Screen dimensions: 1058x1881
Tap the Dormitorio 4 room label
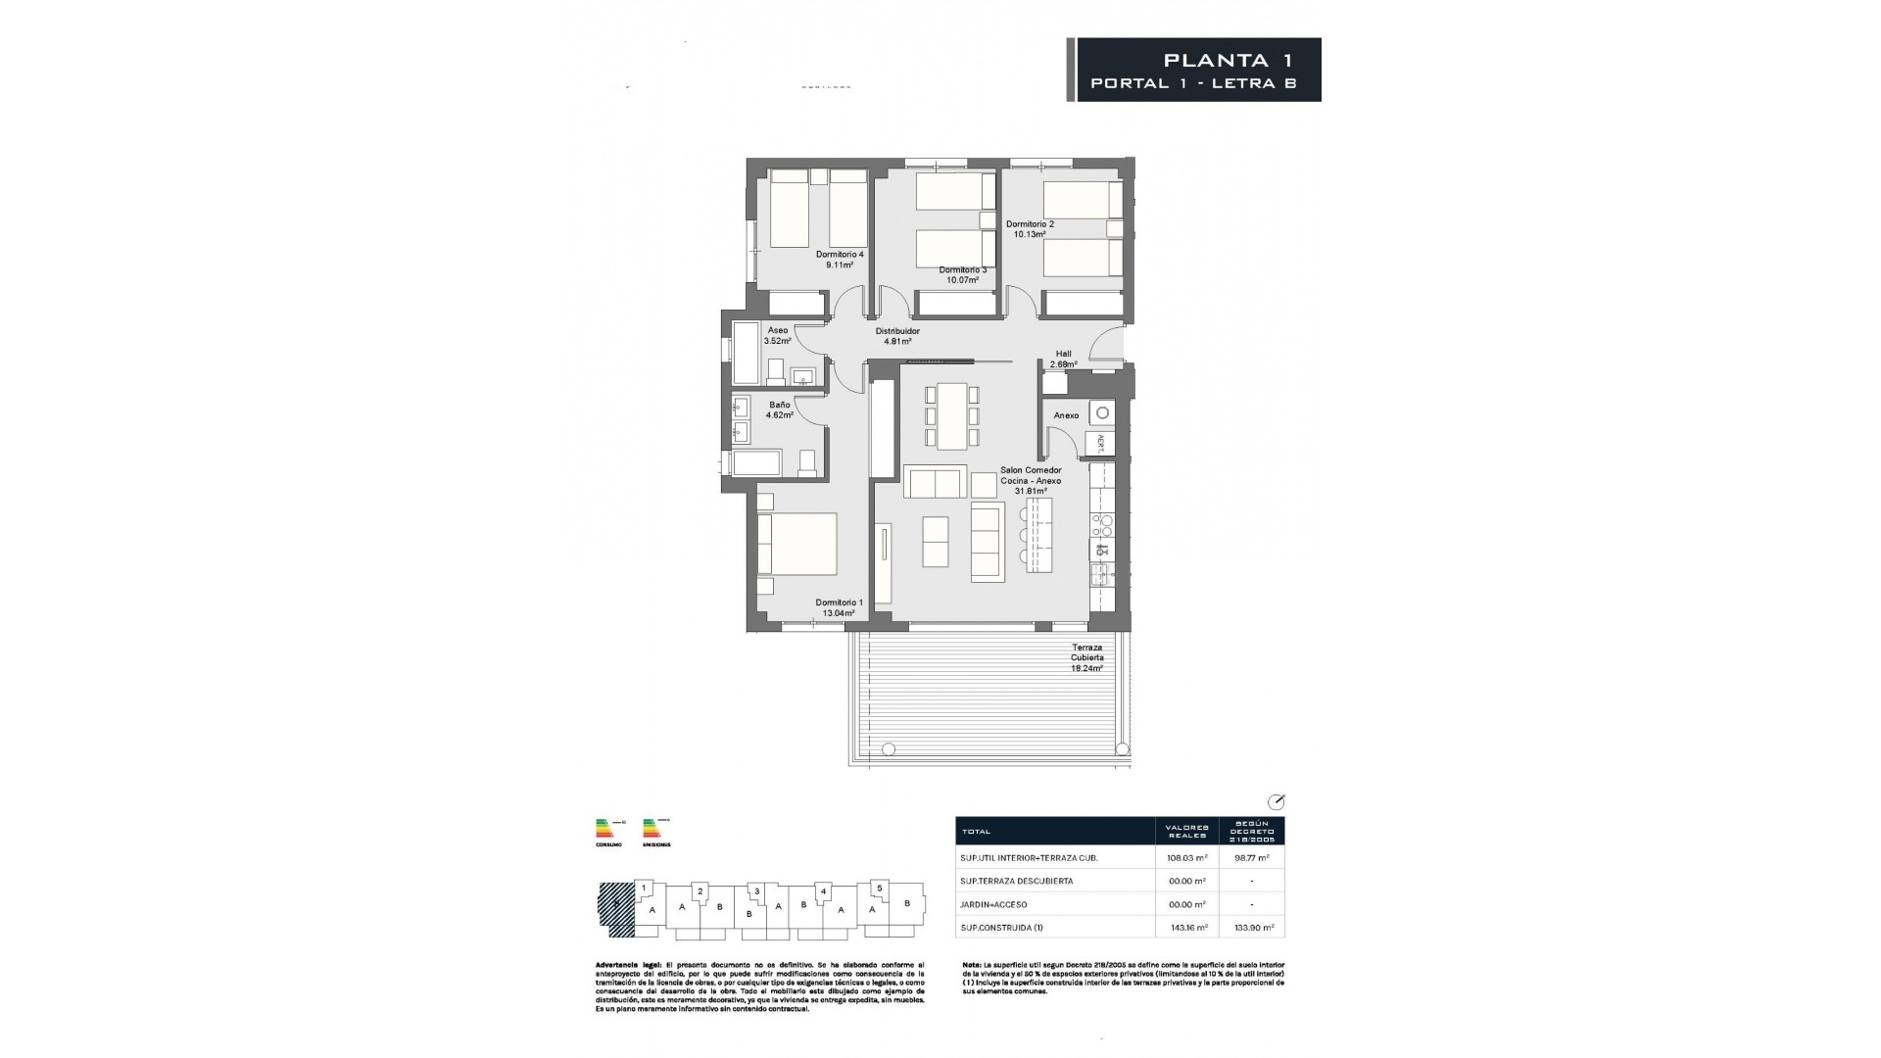click(x=840, y=255)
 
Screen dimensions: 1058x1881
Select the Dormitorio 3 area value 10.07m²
click(x=962, y=280)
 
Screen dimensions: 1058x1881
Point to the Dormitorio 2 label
click(x=1030, y=224)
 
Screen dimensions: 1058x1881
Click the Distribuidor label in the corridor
click(x=897, y=331)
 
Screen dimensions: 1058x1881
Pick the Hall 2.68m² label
click(x=1063, y=359)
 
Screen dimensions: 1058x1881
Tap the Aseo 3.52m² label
click(x=778, y=336)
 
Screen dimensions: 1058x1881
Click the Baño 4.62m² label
click(x=780, y=409)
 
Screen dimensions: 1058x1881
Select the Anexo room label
click(x=1066, y=415)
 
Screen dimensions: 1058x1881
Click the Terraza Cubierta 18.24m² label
click(x=1086, y=657)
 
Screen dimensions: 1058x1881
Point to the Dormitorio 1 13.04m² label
click(x=839, y=608)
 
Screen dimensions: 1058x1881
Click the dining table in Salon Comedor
click(x=951, y=415)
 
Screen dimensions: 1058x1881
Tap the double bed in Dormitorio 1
click(x=798, y=544)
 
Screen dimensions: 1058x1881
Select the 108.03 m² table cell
click(x=1186, y=857)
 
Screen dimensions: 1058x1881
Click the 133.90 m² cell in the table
click(x=1252, y=927)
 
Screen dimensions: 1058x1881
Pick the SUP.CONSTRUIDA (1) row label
click(x=1002, y=927)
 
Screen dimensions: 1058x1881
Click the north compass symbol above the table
click(x=1276, y=801)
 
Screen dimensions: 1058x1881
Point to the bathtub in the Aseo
click(x=747, y=353)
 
